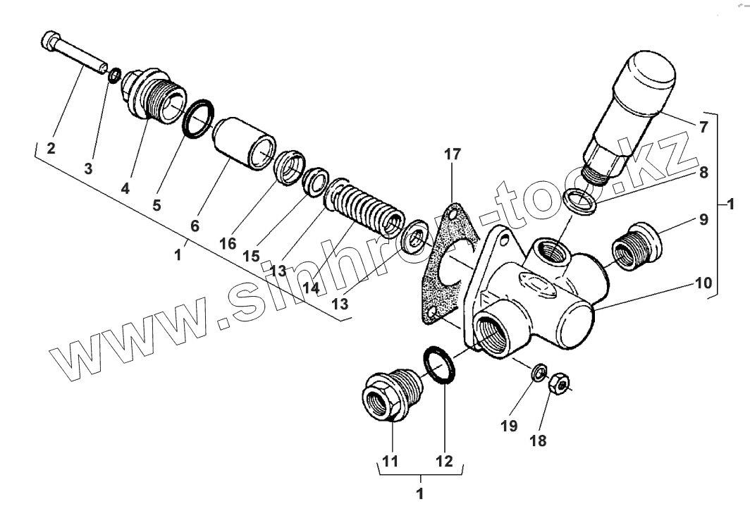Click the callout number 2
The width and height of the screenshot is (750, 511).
coord(51,148)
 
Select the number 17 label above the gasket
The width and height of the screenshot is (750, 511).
coord(453,154)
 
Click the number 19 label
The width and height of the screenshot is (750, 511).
coord(509,426)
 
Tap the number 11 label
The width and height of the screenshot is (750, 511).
coord(390,462)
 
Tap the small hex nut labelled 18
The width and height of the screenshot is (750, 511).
coord(558,382)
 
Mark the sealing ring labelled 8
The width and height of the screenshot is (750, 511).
coord(583,201)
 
